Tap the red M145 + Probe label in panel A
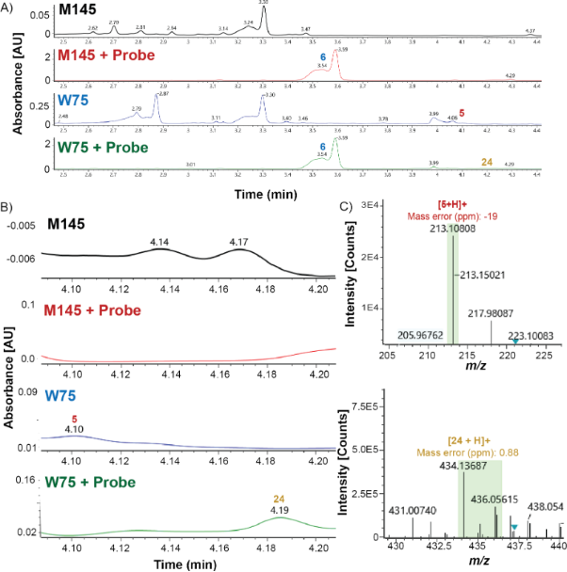pos(107,56)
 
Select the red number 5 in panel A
pos(462,112)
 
